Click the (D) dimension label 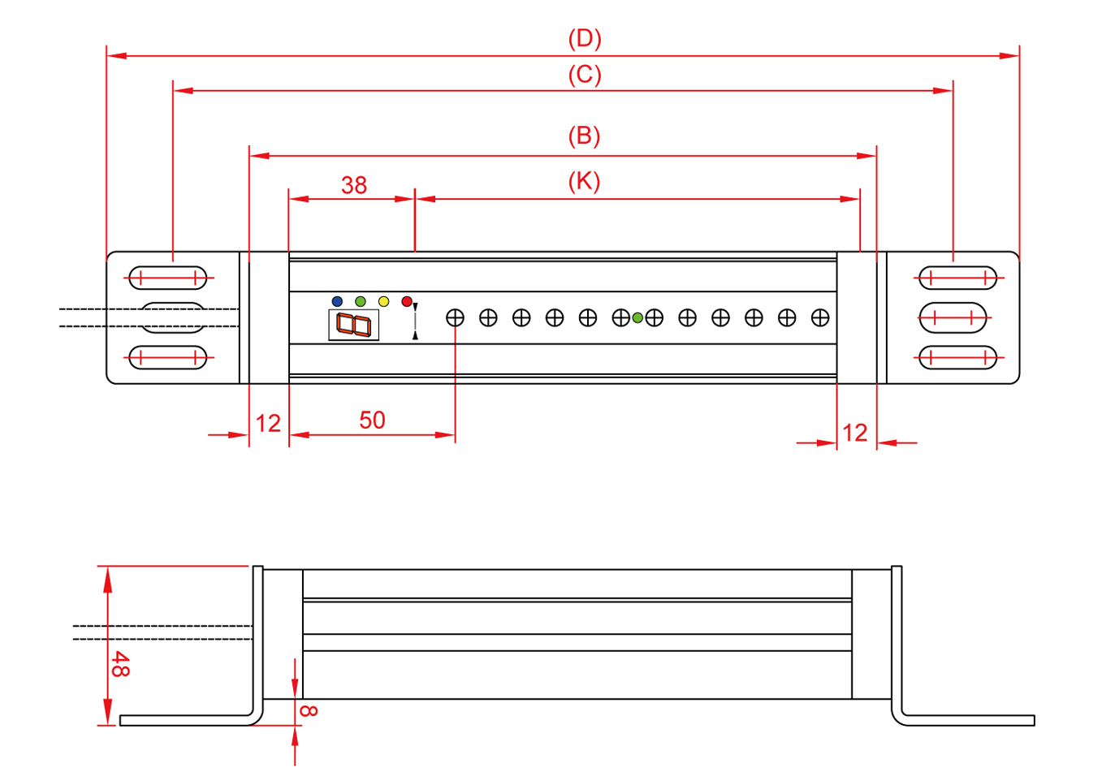tap(584, 38)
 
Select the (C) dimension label tap(584, 75)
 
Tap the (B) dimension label tap(584, 136)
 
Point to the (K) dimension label tap(584, 181)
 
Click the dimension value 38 tap(354, 185)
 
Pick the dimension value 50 tap(372, 420)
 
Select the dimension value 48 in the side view tap(119, 664)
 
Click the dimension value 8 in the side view tap(309, 710)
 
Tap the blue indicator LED tap(337, 301)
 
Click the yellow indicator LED tap(383, 301)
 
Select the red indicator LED tap(407, 301)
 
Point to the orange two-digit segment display tap(353, 325)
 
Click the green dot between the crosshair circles tap(637, 317)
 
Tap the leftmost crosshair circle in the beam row tap(455, 317)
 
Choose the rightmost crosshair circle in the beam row tap(820, 317)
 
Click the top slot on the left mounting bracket tap(168, 278)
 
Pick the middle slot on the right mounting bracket tap(953, 317)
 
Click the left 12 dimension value tap(268, 423)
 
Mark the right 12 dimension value tap(855, 433)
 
